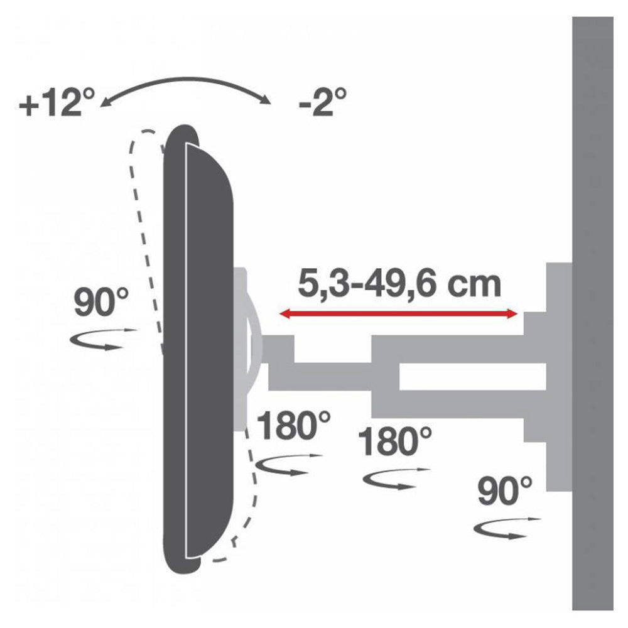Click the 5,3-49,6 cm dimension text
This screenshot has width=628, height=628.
[399, 284]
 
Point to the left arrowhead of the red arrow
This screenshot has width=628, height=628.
[284, 313]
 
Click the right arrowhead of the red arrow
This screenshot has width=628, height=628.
[512, 313]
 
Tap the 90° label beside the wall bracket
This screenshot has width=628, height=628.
[505, 491]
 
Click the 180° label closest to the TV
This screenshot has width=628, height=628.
[293, 426]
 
